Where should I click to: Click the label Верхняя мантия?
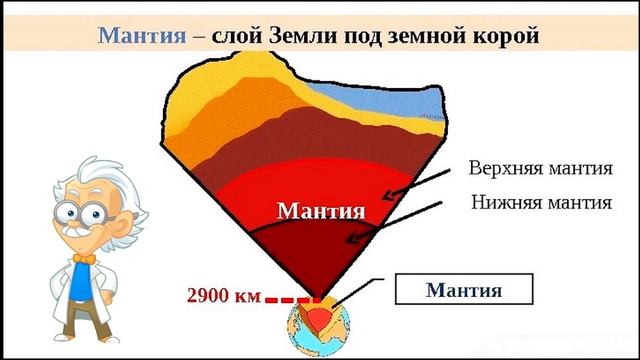[540, 166]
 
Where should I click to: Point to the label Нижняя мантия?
[541, 203]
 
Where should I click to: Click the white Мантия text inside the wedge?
[320, 211]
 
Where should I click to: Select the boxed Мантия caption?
[463, 290]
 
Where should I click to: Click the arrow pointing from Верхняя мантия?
[415, 184]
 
